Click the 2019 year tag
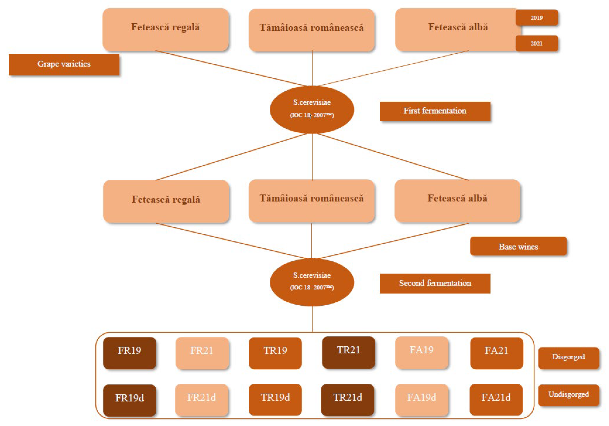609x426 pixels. click(x=536, y=18)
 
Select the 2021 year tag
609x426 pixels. click(x=536, y=43)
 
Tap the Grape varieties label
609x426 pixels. click(x=64, y=65)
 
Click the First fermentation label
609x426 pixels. click(x=435, y=111)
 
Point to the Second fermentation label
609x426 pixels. click(x=435, y=283)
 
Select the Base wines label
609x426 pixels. click(x=518, y=246)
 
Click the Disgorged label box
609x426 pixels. click(x=568, y=357)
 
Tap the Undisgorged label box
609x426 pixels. click(x=568, y=395)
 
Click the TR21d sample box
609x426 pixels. click(x=347, y=399)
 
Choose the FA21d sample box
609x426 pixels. click(x=496, y=399)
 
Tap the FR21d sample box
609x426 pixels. click(x=201, y=399)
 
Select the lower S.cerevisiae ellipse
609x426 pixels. click(x=312, y=282)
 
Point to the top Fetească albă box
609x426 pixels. click(x=457, y=29)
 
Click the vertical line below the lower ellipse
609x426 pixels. click(x=312, y=319)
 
